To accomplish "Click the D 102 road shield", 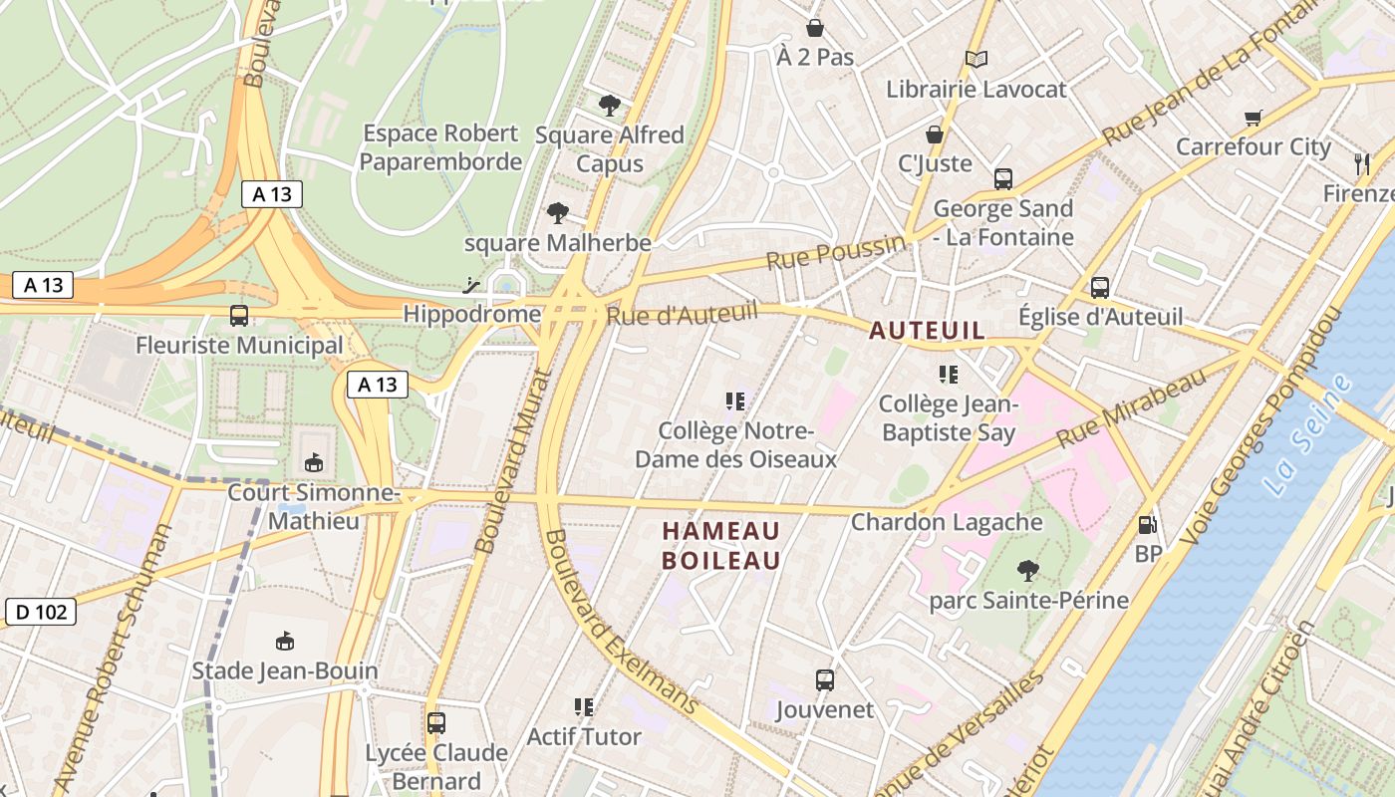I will pos(41,612).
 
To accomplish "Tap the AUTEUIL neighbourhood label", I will pos(927,331).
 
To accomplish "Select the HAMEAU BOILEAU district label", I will pos(721,546).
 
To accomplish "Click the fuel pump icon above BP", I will pos(1148,524).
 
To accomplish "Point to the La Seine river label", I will pos(1306,434).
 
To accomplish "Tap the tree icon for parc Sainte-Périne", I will pos(1027,571).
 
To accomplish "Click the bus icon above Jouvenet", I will pos(824,680).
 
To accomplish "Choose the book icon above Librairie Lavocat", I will pos(976,60).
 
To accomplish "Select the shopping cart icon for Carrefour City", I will pos(1254,119).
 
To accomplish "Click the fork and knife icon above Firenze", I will pos(1362,163).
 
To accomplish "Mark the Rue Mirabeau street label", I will pos(1131,407).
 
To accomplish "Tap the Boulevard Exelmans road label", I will pos(621,624).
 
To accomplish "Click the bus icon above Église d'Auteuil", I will pos(1100,288).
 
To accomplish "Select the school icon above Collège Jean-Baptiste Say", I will pos(948,375).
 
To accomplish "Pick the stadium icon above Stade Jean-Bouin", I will pos(285,641).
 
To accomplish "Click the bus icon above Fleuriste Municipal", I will pos(239,316).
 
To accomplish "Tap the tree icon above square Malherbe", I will pos(557,212).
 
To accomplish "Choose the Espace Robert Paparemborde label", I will pos(440,147).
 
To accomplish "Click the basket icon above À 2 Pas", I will pos(815,28).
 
